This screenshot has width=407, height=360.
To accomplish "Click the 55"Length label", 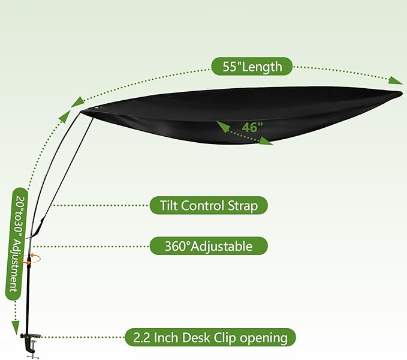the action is [x=252, y=67].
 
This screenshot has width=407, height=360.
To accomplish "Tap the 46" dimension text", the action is [x=252, y=127].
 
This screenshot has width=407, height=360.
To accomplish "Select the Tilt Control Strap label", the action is [x=209, y=205].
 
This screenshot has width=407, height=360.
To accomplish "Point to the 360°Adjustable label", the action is [x=209, y=246].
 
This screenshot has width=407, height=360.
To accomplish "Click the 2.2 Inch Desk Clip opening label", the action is [x=210, y=337].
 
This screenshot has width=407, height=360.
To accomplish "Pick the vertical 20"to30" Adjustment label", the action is [x=16, y=244].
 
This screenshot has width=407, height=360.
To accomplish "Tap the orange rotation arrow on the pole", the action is [x=34, y=259].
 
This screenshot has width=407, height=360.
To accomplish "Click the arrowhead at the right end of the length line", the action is [x=396, y=80].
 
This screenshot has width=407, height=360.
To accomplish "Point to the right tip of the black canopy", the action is [x=402, y=93].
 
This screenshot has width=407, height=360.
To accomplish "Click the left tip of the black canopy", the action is [x=81, y=112].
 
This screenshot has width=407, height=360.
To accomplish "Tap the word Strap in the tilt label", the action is [x=243, y=206].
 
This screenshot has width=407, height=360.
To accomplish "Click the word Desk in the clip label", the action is [x=197, y=338].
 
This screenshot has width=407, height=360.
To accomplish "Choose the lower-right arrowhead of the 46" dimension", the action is [x=266, y=141].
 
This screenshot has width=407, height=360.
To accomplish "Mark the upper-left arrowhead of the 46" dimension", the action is [x=223, y=127].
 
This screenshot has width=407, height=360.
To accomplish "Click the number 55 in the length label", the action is [x=230, y=67].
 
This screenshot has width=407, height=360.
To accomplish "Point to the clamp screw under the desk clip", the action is [x=33, y=352].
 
